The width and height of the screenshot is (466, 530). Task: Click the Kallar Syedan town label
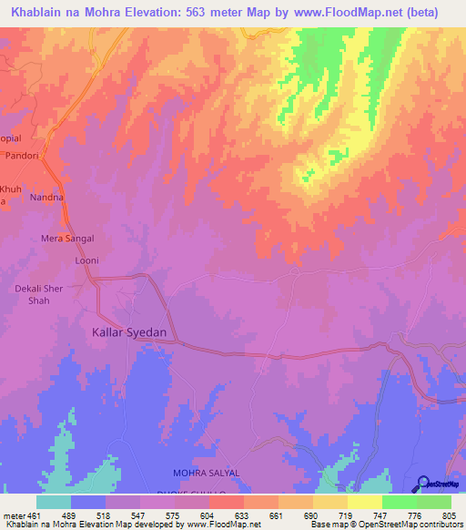point(129,332)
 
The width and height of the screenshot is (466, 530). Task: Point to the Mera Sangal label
point(67,239)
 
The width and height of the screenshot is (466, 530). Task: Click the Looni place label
point(86,260)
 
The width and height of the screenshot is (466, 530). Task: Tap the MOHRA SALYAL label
point(206,474)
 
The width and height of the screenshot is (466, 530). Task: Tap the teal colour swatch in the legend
point(54,502)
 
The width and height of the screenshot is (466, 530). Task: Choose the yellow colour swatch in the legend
point(364,502)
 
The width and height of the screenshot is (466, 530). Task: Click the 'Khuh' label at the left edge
point(9,189)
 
